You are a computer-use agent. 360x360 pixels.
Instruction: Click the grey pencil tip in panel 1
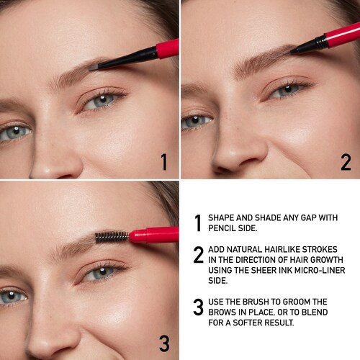(x=93, y=68)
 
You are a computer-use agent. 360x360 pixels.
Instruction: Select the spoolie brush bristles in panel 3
(x=112, y=237)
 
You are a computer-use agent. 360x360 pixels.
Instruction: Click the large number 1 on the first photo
(x=164, y=162)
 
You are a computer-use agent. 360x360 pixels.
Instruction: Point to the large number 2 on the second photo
(x=346, y=162)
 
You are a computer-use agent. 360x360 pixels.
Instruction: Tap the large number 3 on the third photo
(x=164, y=343)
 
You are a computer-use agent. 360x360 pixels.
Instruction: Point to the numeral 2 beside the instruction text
(x=199, y=254)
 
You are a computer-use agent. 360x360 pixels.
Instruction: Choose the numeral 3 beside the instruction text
(x=199, y=307)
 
